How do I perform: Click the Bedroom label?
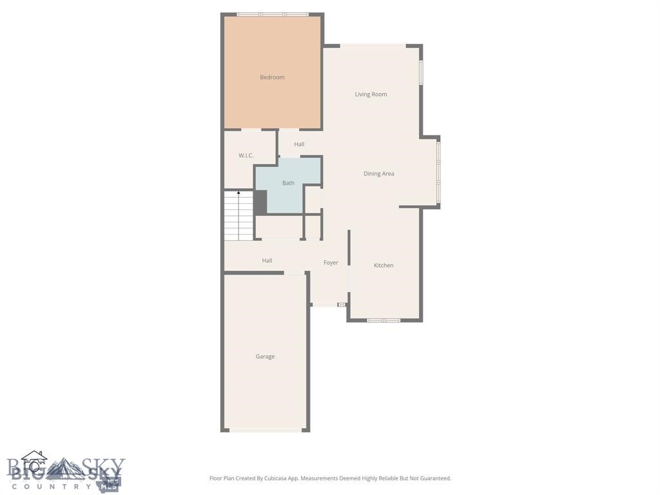click(x=272, y=77)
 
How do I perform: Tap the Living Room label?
click(x=371, y=94)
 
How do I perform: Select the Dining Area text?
click(x=378, y=173)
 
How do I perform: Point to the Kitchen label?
click(x=383, y=266)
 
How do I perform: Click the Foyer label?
click(x=331, y=263)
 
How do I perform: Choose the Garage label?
click(x=265, y=356)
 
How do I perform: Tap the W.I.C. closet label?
click(x=246, y=155)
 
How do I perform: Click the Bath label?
click(x=288, y=183)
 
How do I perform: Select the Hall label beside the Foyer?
click(x=267, y=261)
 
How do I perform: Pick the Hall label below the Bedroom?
click(x=299, y=144)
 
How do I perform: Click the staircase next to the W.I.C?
click(x=238, y=216)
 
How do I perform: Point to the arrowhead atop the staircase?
click(x=238, y=193)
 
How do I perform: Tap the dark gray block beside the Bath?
click(x=260, y=202)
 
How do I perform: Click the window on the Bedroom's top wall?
click(x=272, y=14)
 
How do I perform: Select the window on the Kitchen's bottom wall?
click(x=383, y=320)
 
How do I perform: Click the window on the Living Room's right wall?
click(x=421, y=73)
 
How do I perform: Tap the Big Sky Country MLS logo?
click(x=65, y=471)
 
